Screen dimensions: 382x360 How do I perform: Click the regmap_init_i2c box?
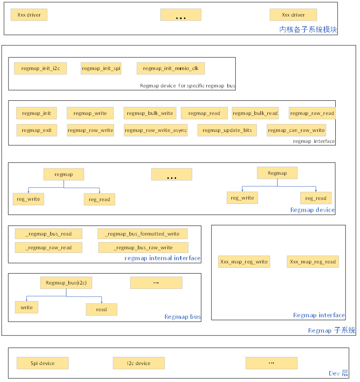click(40, 68)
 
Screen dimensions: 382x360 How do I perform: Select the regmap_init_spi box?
click(101, 68)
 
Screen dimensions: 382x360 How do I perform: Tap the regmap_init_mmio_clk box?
click(171, 68)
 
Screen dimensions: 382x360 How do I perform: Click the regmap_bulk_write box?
click(150, 113)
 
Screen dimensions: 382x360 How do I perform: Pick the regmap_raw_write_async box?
click(156, 130)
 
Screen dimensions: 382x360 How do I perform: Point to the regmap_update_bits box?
click(227, 130)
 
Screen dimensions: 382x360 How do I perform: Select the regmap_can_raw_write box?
click(296, 130)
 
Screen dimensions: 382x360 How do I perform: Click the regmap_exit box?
click(37, 130)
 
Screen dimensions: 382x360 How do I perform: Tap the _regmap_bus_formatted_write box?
click(142, 234)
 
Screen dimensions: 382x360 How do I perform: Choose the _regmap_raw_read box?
click(49, 248)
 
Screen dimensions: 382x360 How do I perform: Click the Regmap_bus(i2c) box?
click(66, 283)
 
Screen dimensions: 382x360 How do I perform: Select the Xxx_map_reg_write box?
click(244, 262)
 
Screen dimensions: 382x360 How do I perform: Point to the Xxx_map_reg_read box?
click(313, 262)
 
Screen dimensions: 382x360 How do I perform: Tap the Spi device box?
click(42, 363)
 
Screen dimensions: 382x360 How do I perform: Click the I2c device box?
click(139, 363)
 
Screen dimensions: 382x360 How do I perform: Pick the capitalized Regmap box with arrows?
click(277, 173)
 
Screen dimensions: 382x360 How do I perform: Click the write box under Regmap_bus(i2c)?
click(27, 308)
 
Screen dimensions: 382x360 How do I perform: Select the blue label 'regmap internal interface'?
click(162, 258)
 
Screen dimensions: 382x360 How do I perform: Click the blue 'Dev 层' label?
click(338, 373)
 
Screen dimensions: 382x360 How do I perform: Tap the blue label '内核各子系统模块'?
click(308, 30)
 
